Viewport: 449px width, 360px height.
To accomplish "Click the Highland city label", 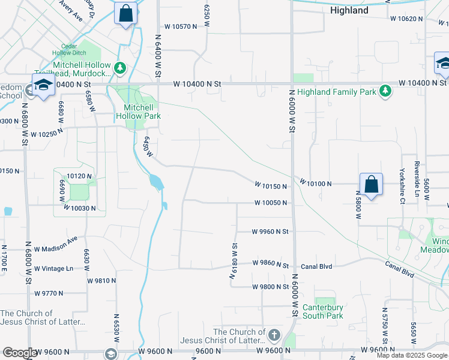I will point(349,10).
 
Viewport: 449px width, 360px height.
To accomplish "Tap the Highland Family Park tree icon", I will point(385,91).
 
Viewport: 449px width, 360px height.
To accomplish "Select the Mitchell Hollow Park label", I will point(136,111).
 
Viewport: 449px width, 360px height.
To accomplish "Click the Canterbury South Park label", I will point(323,311).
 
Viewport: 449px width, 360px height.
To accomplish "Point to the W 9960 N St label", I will point(270,231).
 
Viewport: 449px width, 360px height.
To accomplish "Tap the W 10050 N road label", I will point(270,203).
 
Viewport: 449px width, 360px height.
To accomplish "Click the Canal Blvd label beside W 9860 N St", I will point(316,266).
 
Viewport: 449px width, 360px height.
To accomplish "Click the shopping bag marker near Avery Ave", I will point(126,13).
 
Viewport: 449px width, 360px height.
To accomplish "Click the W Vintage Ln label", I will point(53,268).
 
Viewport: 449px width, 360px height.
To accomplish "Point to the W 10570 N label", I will point(181,26).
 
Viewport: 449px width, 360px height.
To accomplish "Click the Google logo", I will point(19,353).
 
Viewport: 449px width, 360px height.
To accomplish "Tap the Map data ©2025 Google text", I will point(412,355).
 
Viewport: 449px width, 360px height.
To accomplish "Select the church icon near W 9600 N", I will point(274,334).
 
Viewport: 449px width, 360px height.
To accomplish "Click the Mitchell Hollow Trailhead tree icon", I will point(121,68).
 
